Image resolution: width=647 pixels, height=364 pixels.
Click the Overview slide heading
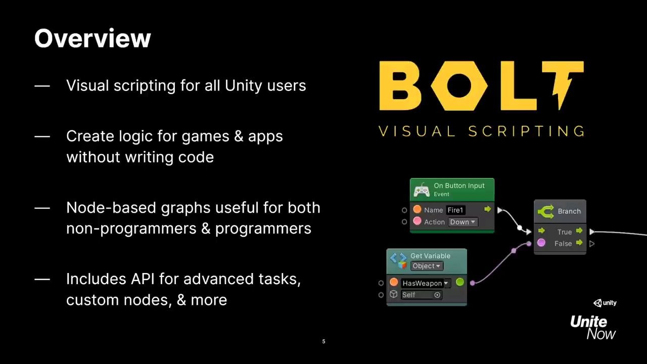tap(93, 38)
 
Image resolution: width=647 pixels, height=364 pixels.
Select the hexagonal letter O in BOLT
tap(459, 86)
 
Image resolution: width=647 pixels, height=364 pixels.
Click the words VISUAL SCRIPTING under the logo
tap(482, 131)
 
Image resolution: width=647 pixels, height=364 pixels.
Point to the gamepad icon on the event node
tap(422, 191)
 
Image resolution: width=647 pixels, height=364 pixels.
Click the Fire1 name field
tap(455, 210)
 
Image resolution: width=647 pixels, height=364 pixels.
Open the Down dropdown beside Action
tap(463, 222)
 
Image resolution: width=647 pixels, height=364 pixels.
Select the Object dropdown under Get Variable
tap(427, 266)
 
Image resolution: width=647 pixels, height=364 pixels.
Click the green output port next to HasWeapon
tap(459, 282)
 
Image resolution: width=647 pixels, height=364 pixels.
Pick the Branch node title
tap(569, 211)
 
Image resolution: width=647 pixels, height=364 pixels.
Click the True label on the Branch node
tap(565, 232)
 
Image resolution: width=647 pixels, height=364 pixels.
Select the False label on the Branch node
tap(563, 244)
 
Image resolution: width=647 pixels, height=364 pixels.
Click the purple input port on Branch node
tap(541, 243)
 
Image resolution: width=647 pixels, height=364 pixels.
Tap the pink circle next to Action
tap(417, 221)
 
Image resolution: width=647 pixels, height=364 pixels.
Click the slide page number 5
tap(323, 342)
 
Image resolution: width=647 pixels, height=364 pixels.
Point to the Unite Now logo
tap(593, 327)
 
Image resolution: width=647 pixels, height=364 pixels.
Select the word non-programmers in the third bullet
tap(131, 229)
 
